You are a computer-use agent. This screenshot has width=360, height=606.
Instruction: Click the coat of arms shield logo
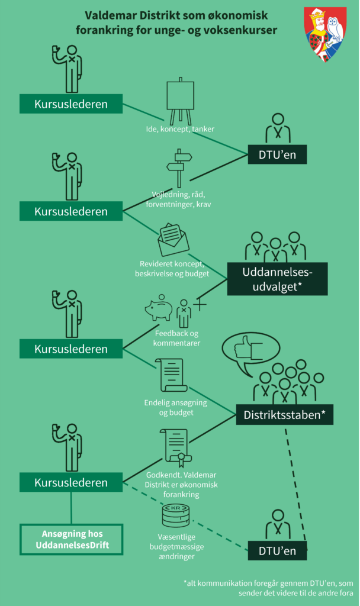point(324,34)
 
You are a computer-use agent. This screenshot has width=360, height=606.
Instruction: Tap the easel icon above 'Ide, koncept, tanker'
point(180,101)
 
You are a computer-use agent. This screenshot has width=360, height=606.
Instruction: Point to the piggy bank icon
point(159,310)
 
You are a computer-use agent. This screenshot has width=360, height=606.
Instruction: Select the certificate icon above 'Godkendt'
point(173,449)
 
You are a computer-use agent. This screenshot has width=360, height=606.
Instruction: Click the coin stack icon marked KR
point(175,516)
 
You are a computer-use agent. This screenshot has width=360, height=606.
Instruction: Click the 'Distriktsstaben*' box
point(284,415)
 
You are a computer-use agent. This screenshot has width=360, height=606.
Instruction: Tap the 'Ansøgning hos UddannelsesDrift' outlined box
point(71,539)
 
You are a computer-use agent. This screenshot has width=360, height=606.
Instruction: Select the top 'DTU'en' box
point(277,155)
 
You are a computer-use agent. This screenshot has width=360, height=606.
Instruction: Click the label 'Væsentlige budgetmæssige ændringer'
point(174,547)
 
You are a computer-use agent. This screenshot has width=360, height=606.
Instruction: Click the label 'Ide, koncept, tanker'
point(180,129)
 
